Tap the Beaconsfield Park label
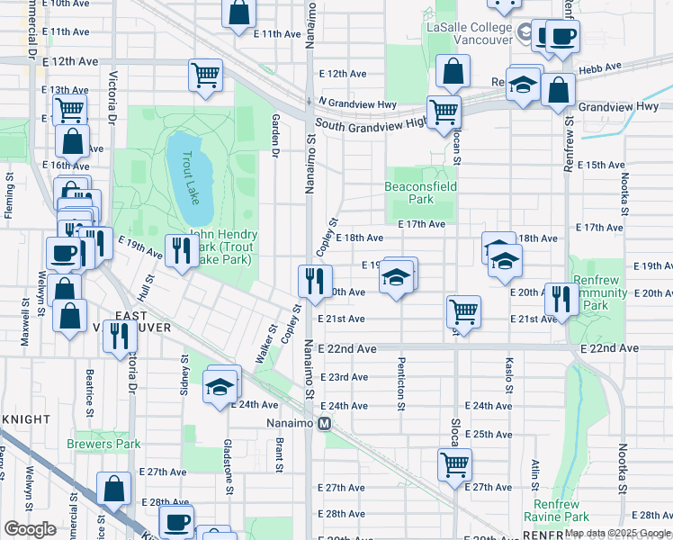[x=421, y=193]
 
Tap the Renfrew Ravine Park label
[x=561, y=510]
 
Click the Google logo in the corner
[x=30, y=529]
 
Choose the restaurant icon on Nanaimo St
[x=315, y=281]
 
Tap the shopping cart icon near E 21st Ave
[x=463, y=310]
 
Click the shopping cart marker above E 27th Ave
[x=455, y=463]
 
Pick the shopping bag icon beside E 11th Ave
[x=239, y=13]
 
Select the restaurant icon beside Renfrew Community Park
[x=561, y=298]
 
